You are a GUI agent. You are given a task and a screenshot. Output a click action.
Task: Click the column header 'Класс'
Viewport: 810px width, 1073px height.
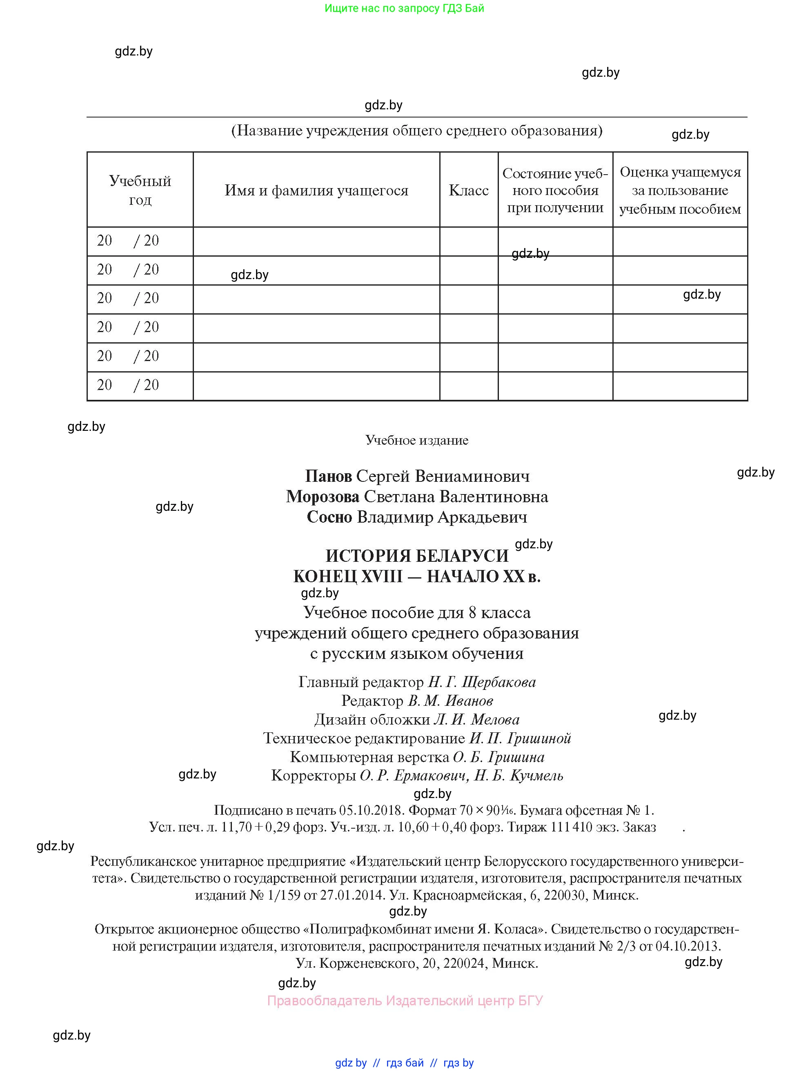click(468, 190)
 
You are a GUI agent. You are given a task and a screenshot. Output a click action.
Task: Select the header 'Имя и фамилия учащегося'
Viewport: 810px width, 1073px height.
click(316, 190)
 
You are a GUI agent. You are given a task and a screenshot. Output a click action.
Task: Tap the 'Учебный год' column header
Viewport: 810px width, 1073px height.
click(140, 190)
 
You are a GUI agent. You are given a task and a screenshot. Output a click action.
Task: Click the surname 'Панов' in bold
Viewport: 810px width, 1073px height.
click(329, 477)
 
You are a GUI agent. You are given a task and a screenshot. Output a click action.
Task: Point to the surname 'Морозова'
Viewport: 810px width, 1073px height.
click(323, 497)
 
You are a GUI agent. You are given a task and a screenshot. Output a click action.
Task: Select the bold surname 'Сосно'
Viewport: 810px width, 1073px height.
click(329, 517)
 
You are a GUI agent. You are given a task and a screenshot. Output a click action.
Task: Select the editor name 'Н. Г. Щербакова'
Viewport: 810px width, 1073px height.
click(481, 682)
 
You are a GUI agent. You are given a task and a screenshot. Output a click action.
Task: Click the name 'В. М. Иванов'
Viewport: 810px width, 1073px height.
click(450, 701)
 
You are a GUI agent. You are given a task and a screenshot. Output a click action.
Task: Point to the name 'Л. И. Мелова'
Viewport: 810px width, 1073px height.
click(476, 719)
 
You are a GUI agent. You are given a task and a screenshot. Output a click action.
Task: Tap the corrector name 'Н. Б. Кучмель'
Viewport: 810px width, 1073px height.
click(518, 776)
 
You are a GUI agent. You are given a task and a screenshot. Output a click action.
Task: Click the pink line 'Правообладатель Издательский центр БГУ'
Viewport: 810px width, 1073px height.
click(405, 1001)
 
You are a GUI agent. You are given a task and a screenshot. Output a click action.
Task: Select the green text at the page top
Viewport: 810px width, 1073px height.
click(404, 8)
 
